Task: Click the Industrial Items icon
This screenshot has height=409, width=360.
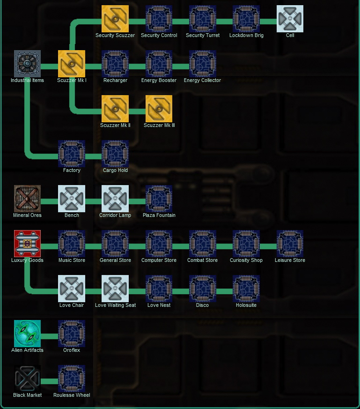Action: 27,63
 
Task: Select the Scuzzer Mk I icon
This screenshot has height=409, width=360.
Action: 72,63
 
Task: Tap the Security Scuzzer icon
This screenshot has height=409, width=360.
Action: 115,19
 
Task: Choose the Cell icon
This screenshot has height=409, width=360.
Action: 290,19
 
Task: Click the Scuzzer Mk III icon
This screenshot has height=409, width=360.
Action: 159,108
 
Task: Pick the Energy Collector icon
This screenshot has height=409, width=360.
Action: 203,63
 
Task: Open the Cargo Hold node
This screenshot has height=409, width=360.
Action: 115,153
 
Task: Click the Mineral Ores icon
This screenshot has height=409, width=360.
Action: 27,198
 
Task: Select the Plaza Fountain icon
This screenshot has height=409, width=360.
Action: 159,198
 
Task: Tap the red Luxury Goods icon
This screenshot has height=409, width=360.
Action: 27,243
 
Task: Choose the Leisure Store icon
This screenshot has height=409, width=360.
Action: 290,243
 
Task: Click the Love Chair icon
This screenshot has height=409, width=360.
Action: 72,288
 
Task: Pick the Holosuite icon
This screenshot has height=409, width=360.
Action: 246,288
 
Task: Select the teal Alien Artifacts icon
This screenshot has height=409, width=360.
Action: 27,333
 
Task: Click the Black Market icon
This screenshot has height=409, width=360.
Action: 27,378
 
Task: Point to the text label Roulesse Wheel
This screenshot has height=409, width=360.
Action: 72,395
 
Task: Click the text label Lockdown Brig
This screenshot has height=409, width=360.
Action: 246,35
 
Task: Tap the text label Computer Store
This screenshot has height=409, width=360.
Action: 159,260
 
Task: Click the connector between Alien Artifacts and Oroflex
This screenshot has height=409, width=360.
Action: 49,336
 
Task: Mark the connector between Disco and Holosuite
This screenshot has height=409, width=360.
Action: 224,291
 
